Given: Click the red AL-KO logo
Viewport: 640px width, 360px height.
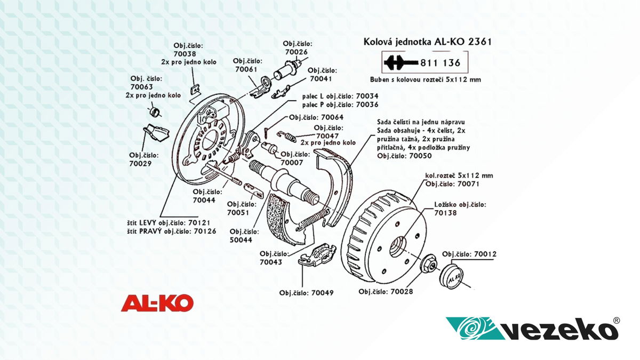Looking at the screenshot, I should pyautogui.click(x=157, y=303).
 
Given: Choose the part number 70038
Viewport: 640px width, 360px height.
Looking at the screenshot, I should pyautogui.click(x=185, y=54).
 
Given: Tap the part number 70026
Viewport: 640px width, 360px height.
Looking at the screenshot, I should pyautogui.click(x=297, y=52).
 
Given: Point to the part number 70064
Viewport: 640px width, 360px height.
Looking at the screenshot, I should pyautogui.click(x=331, y=117).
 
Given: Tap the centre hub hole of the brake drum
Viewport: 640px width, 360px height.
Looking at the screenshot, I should pyautogui.click(x=398, y=246).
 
